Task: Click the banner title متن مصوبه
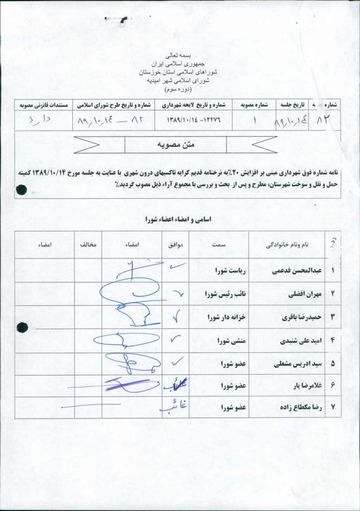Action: pos(175,145)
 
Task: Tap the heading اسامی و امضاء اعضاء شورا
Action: pos(178,219)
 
